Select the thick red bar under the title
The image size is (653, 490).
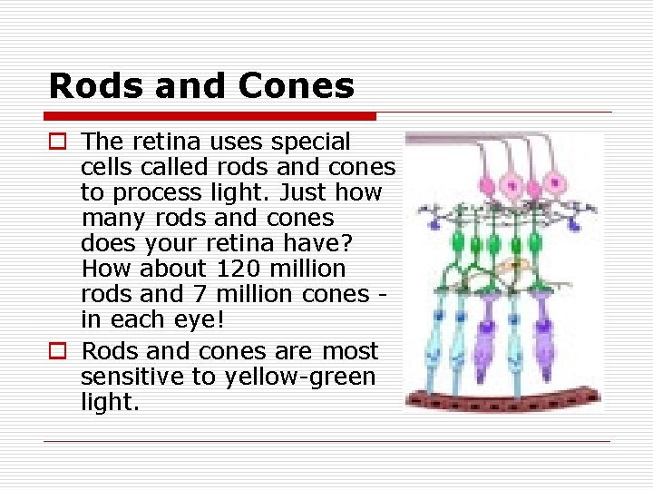pos(210,116)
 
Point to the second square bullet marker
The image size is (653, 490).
pos(57,351)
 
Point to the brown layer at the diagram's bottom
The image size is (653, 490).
pos(503,397)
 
